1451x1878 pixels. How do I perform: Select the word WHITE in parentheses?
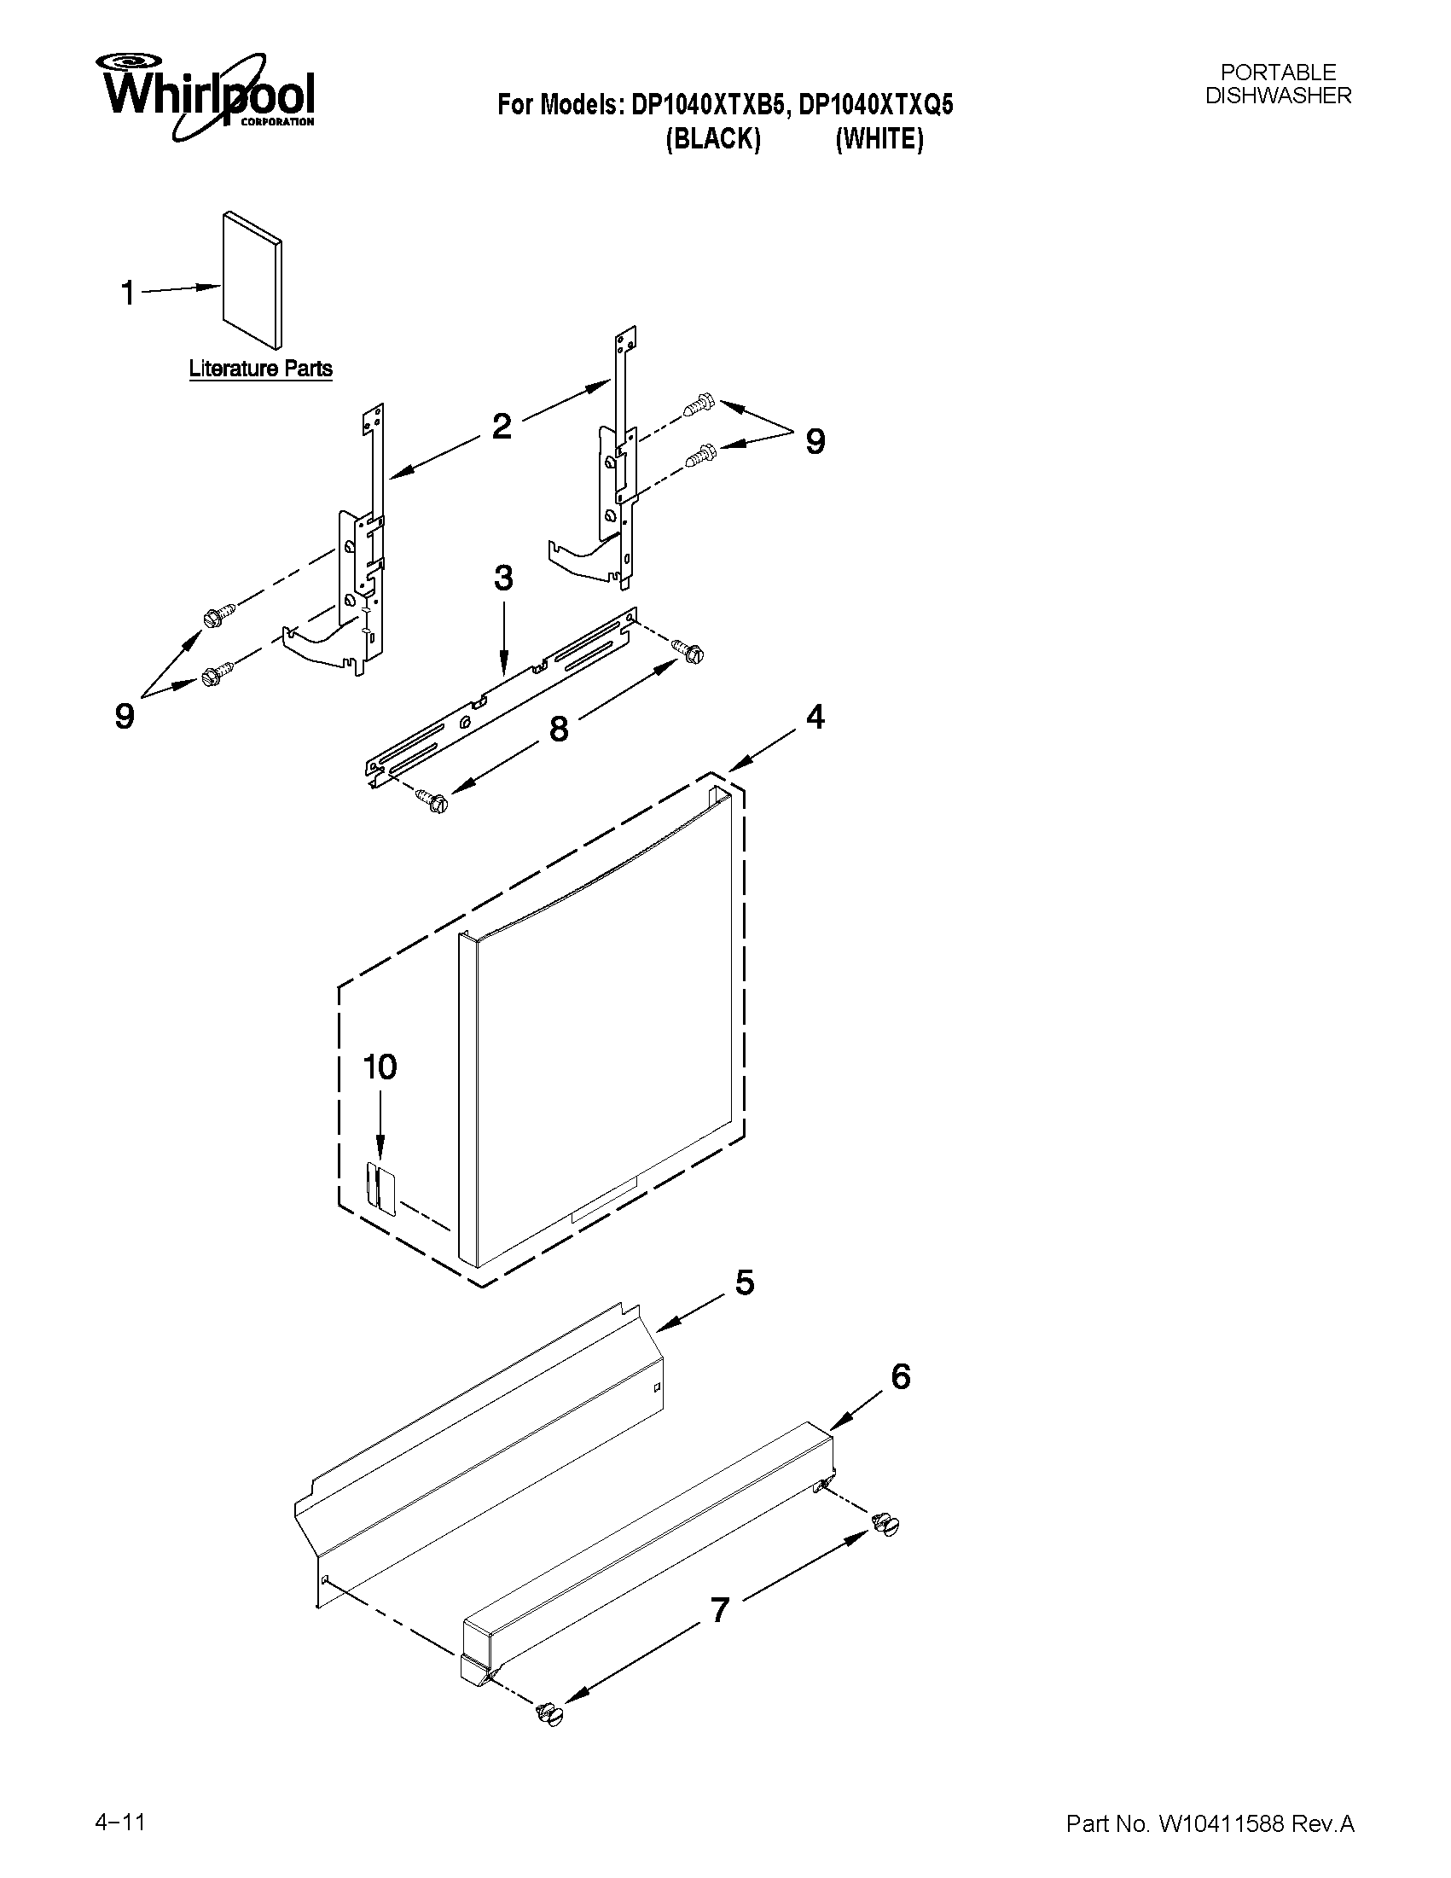coord(879,139)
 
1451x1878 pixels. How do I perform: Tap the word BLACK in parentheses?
coord(712,139)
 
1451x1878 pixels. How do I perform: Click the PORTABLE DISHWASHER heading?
coord(1277,84)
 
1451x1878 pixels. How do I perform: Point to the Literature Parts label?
coord(260,369)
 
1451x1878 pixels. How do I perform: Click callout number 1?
coord(128,294)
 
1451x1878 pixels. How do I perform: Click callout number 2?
coord(501,426)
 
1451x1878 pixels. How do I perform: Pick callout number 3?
coord(503,578)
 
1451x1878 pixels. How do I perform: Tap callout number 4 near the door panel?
coord(815,716)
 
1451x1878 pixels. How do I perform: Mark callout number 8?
coord(558,730)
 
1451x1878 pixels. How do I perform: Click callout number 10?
coord(379,1067)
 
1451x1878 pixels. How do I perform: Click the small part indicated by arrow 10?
coord(379,1189)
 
